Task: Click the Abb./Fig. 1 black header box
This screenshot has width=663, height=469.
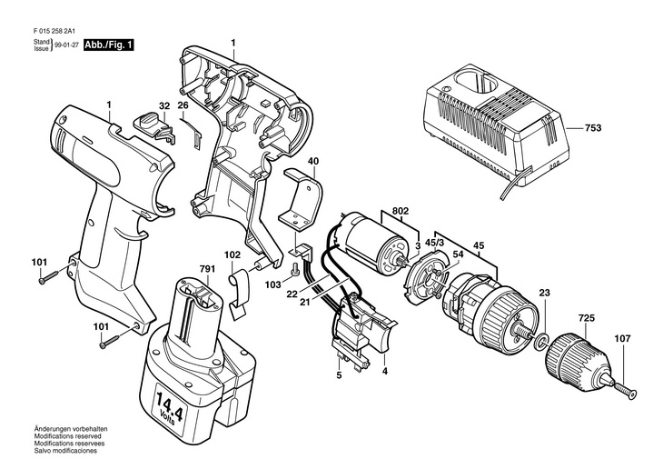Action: [109, 45]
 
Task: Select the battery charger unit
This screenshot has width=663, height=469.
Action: [497, 128]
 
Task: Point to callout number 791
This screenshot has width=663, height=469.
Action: [207, 269]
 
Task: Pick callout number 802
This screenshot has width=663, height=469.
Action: [400, 211]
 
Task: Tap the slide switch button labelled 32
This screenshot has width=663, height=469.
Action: [153, 125]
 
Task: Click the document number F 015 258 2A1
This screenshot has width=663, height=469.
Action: [54, 31]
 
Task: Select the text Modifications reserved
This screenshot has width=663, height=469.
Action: [67, 436]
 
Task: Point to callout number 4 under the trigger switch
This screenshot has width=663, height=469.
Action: [384, 371]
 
